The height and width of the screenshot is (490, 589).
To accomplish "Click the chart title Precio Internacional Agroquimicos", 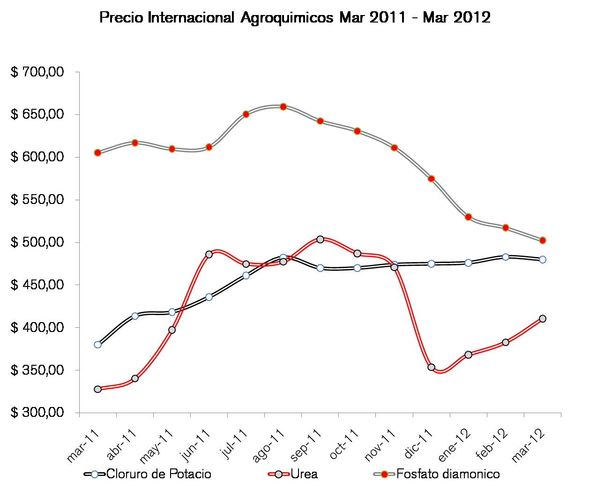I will tap(295, 18).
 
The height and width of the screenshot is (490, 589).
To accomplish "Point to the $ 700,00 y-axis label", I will tap(37, 72).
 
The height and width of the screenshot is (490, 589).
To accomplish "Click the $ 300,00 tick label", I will tap(37, 413).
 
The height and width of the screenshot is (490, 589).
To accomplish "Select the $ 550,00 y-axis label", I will tap(37, 200).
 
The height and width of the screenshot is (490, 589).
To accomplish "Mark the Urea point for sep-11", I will tap(321, 239).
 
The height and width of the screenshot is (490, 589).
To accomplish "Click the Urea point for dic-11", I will tap(431, 367).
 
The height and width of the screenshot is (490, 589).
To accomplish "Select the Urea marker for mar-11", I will tap(97, 389).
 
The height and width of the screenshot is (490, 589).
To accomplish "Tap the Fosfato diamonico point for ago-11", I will tap(283, 107).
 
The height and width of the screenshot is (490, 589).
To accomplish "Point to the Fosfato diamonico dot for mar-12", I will tap(543, 241).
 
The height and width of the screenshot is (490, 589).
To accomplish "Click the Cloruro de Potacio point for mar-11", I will tap(97, 345).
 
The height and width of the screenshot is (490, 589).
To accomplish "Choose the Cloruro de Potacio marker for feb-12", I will tap(506, 257).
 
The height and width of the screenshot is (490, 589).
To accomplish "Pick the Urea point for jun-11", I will tap(209, 254).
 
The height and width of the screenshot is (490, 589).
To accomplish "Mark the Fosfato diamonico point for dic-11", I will tap(431, 179).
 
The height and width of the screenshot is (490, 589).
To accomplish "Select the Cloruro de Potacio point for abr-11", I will tap(135, 316).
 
